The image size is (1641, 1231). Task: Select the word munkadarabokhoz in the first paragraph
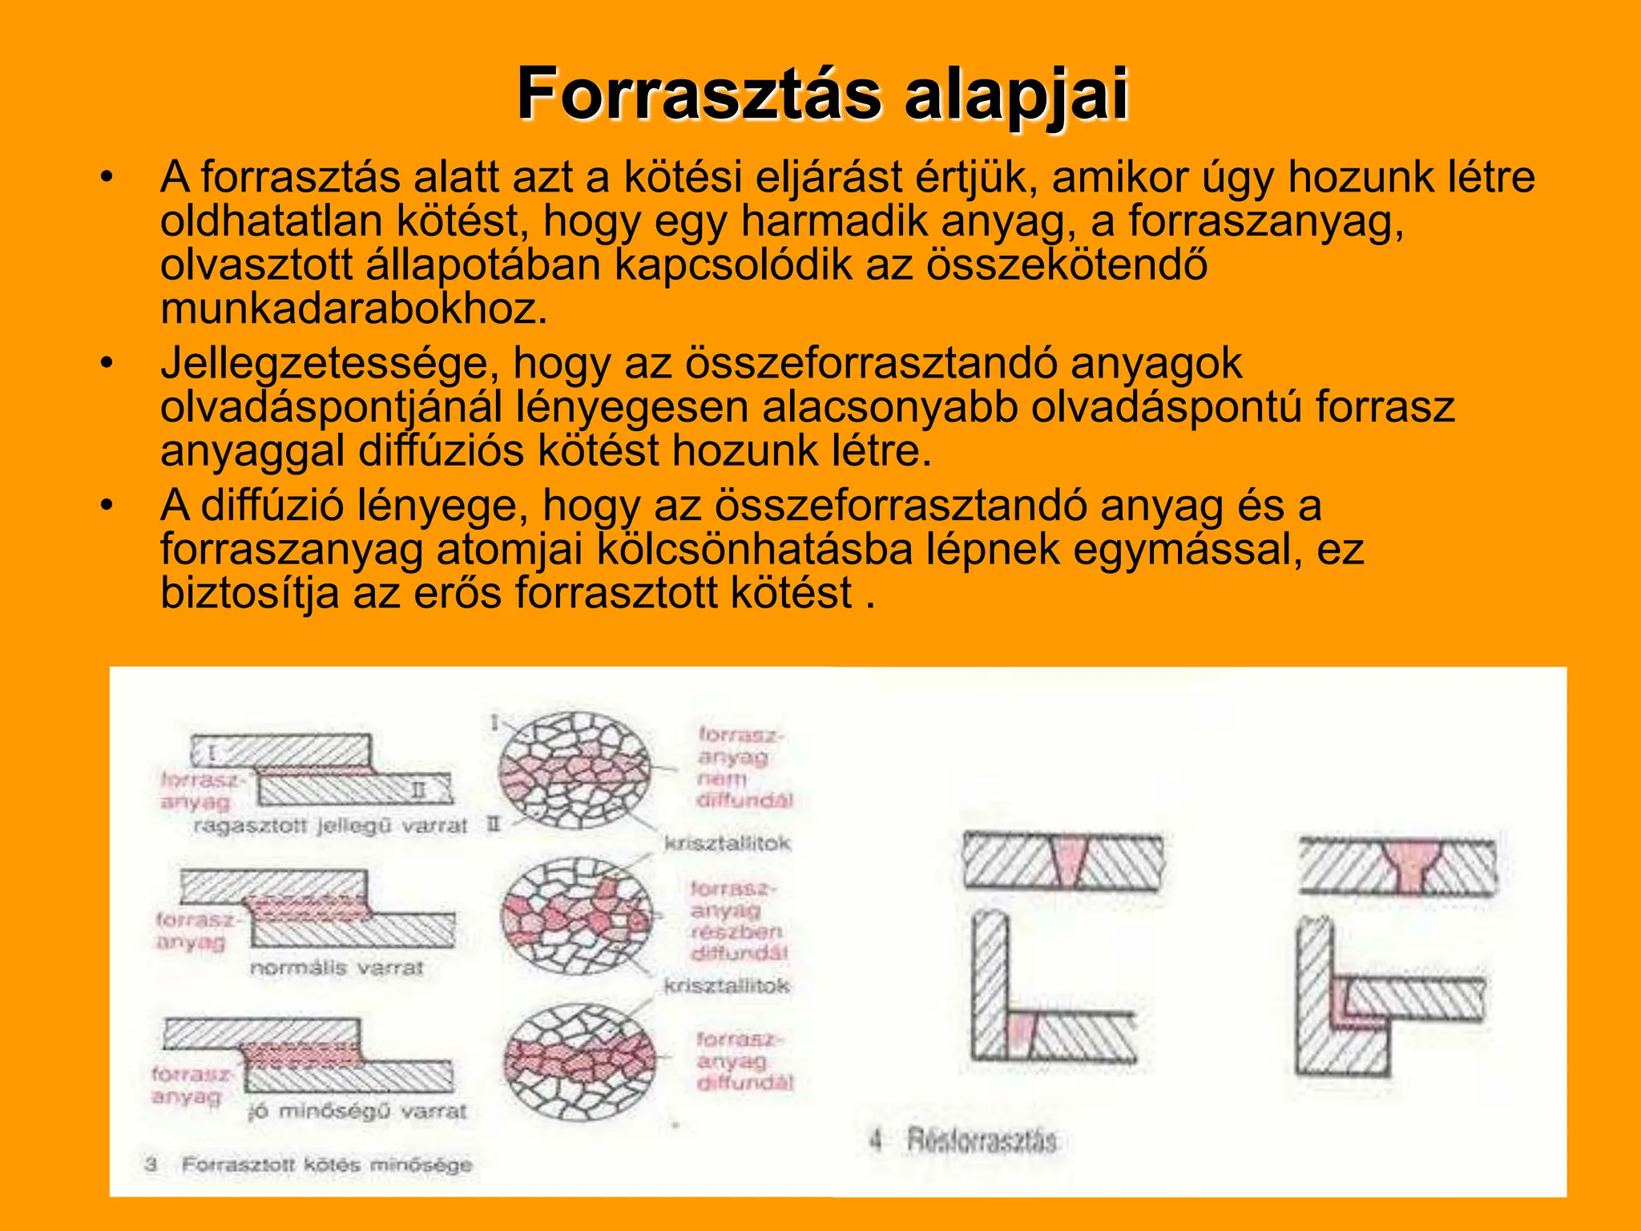pos(353,309)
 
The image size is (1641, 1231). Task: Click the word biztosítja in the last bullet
pos(249,594)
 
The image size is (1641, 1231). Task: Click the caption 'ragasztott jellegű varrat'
pos(329,826)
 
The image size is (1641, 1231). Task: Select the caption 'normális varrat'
pos(336,968)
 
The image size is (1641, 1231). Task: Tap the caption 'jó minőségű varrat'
pos(357,1112)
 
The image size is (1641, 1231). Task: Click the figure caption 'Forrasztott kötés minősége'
pos(326,1164)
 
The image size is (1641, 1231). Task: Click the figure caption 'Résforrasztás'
pos(981,1140)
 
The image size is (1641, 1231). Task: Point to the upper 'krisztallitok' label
pos(726,843)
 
